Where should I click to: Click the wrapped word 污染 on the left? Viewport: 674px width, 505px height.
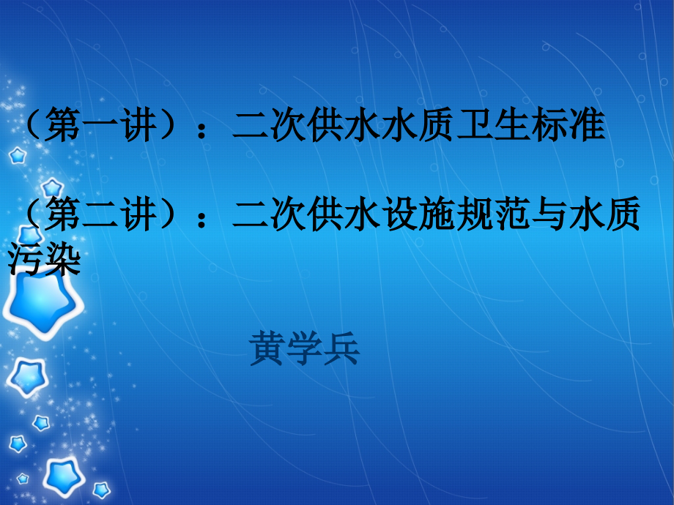click(42, 260)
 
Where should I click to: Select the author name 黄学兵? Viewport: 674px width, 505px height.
click(305, 349)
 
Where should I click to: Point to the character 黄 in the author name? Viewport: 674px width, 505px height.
click(267, 349)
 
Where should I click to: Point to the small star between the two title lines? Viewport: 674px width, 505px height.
click(51, 186)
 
